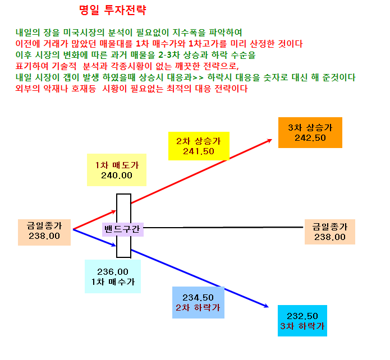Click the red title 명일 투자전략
pyautogui.click(x=113, y=10)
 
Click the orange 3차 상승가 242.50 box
pyautogui.click(x=310, y=132)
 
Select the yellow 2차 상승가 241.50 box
pyautogui.click(x=199, y=146)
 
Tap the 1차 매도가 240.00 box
pyautogui.click(x=117, y=170)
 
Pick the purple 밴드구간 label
pyautogui.click(x=123, y=229)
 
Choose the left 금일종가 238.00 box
pyautogui.click(x=44, y=232)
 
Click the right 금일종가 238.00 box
pyautogui.click(x=330, y=232)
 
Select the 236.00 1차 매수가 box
pyautogui.click(x=113, y=276)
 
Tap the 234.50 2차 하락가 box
pyautogui.click(x=198, y=302)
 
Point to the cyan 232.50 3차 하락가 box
pyautogui.click(x=302, y=321)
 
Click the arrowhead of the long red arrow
pyautogui.click(x=269, y=141)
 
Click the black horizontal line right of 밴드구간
pyautogui.click(x=223, y=227)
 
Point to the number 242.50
pyautogui.click(x=310, y=138)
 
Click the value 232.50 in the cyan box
pyautogui.click(x=302, y=316)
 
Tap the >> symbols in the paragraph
pyautogui.click(x=198, y=77)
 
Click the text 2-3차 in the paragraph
pyautogui.click(x=169, y=55)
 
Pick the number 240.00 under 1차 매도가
pyautogui.click(x=117, y=176)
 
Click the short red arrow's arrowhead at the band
pyautogui.click(x=114, y=212)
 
